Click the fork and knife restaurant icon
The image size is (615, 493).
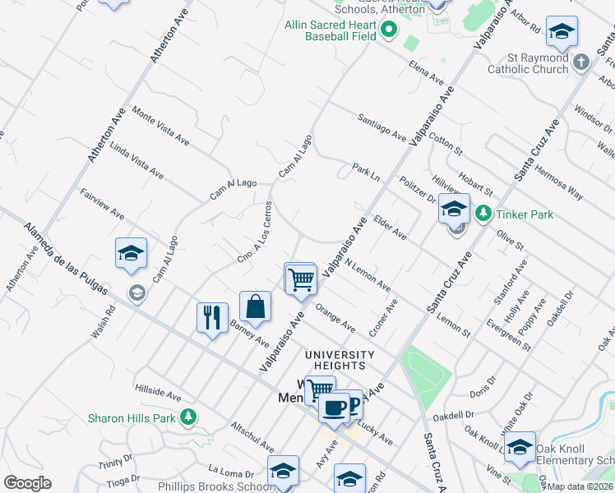(212, 318)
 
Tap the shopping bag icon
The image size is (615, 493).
(256, 307)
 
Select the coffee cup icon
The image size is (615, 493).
(333, 408)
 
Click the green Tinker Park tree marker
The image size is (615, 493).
(483, 214)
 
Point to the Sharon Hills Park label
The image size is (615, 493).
(135, 417)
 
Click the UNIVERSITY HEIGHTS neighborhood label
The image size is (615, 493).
(340, 355)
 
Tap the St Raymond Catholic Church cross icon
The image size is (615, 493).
(581, 63)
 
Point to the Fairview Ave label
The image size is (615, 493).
(102, 204)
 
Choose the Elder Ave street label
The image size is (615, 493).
(390, 228)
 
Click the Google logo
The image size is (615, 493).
(27, 483)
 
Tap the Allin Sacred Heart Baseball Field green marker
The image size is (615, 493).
(388, 31)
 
